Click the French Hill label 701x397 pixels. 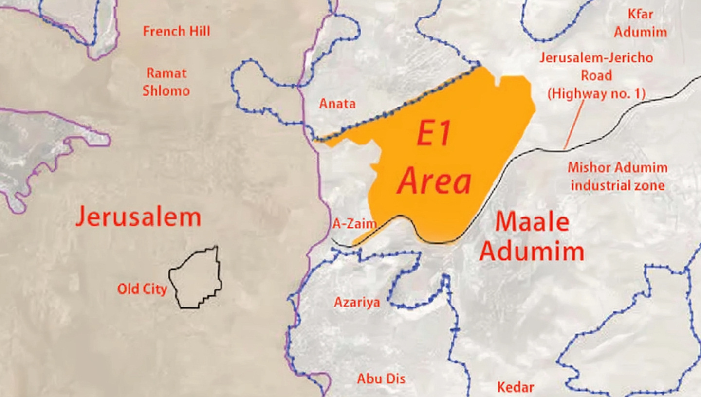[x=176, y=32]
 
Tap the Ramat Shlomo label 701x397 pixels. [x=166, y=82]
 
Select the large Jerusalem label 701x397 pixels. [x=138, y=217]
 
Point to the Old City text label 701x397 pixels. [x=142, y=289]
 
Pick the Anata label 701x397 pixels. [x=337, y=104]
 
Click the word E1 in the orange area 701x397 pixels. [x=433, y=135]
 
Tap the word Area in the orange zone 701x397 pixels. [x=435, y=181]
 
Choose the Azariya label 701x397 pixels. [x=357, y=302]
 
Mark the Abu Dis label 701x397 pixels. [x=381, y=379]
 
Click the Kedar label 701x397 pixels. [x=516, y=387]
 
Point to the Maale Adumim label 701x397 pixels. [x=532, y=237]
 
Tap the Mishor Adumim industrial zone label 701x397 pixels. [x=617, y=177]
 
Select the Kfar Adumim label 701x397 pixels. [x=640, y=23]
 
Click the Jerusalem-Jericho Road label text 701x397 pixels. [x=596, y=67]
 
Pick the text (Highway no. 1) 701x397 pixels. [x=596, y=93]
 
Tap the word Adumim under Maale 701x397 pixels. [x=532, y=252]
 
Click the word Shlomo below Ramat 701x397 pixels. [x=166, y=91]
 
